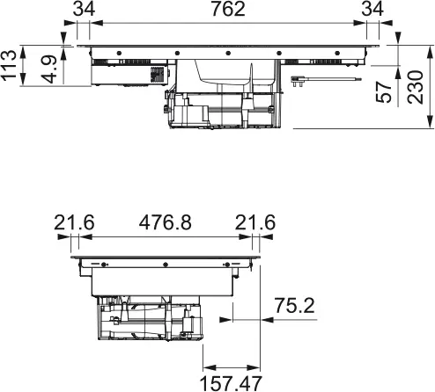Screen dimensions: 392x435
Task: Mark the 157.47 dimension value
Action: tap(232, 382)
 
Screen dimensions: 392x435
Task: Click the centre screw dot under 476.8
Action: tap(165, 264)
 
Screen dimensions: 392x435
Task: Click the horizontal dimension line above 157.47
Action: tap(232, 367)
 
